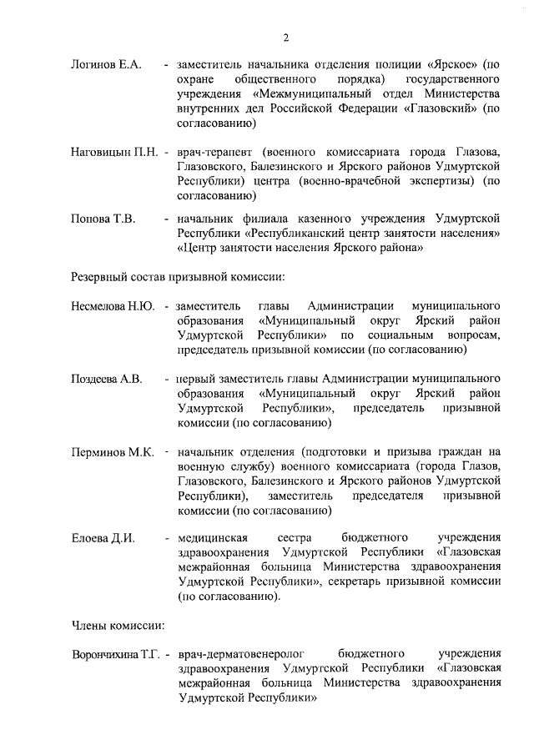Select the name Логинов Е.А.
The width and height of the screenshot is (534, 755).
[108, 63]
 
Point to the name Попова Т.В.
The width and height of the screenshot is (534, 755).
[103, 219]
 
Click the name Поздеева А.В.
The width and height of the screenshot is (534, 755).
[107, 379]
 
